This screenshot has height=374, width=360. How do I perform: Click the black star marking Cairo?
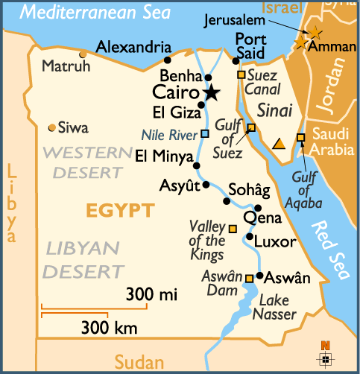pyautogui.click(x=212, y=92)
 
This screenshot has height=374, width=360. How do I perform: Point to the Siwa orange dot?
pyautogui.click(x=51, y=127)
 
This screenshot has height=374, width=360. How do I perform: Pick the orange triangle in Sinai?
pyautogui.click(x=279, y=144)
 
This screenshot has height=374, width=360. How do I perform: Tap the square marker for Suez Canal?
pyautogui.click(x=241, y=75)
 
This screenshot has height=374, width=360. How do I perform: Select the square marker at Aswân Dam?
pyautogui.click(x=250, y=279)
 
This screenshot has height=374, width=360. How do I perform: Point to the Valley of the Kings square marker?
pyautogui.click(x=233, y=228)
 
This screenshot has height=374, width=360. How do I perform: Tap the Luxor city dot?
pyautogui.click(x=250, y=237)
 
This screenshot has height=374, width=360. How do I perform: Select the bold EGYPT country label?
pyautogui.click(x=120, y=211)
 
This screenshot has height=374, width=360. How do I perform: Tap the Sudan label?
pyautogui.click(x=139, y=362)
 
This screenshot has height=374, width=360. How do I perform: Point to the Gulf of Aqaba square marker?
pyautogui.click(x=301, y=137)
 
